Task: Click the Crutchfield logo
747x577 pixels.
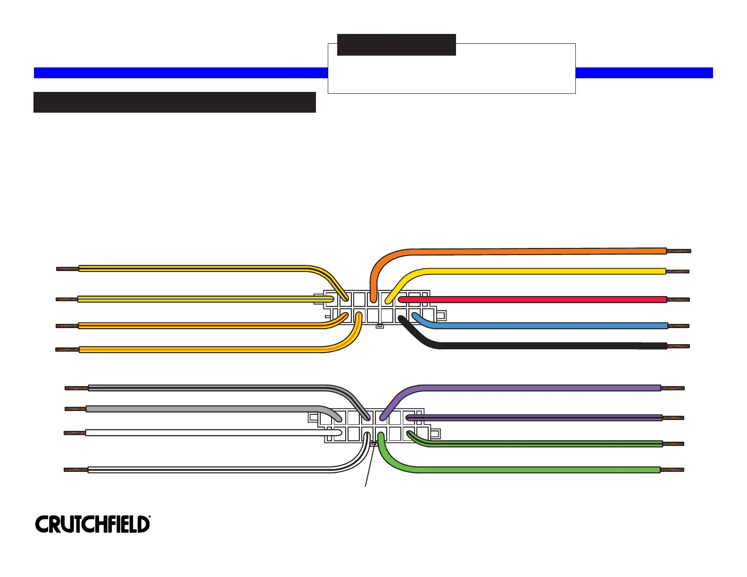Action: [92, 524]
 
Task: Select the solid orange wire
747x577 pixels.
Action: [519, 252]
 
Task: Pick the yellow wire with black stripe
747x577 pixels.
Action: [189, 269]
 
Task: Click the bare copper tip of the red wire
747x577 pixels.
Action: [678, 299]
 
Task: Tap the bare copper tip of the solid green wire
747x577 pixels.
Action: [672, 470]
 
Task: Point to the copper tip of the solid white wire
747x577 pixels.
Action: [75, 433]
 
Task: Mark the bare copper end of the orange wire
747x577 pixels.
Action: [679, 251]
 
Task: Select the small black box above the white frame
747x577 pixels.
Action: [396, 45]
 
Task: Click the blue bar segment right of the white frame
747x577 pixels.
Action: [644, 73]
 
